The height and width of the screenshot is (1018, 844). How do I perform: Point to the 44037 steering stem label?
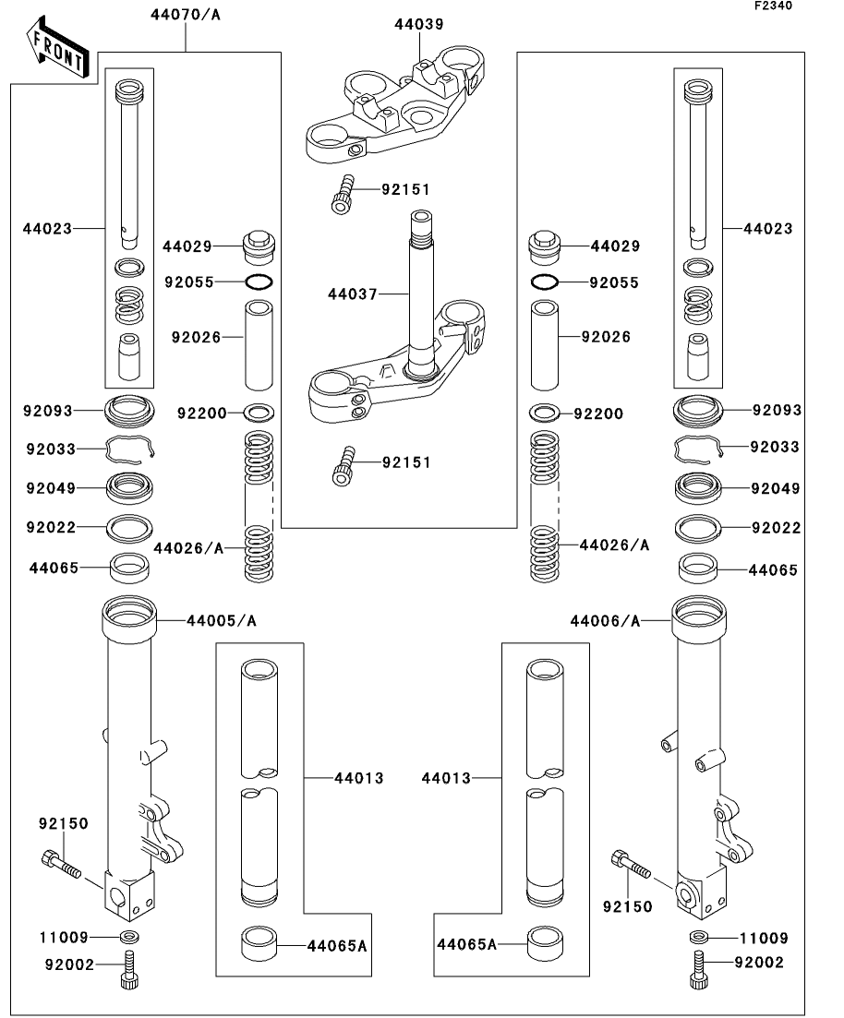353,294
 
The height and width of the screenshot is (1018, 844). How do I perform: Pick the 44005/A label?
221,621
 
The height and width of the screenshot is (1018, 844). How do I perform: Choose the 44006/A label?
605,621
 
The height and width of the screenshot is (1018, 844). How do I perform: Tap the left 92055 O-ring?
259,281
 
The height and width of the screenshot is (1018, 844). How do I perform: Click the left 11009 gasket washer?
129,938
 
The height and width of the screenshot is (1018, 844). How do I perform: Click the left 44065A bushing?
259,945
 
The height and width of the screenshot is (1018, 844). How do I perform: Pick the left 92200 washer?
259,413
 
